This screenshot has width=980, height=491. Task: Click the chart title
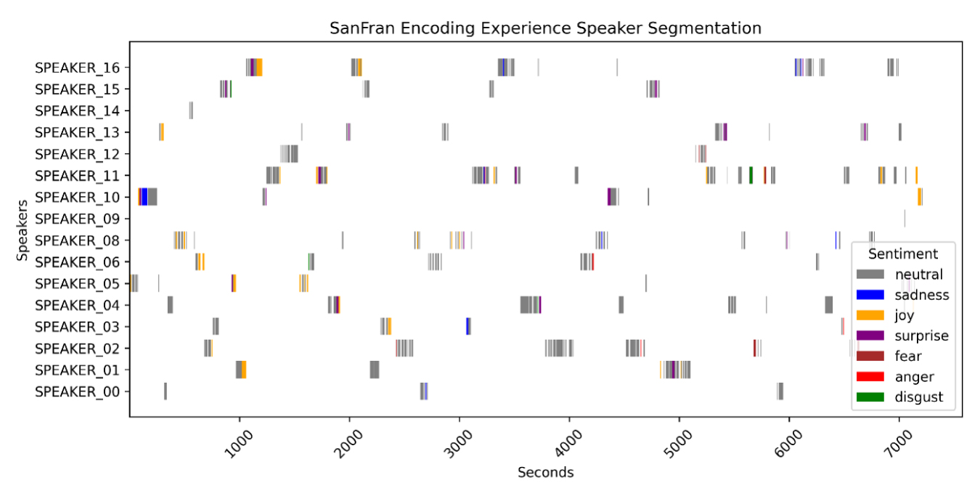point(545,28)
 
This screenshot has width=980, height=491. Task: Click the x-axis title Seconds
point(545,473)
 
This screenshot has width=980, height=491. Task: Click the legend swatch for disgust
point(870,397)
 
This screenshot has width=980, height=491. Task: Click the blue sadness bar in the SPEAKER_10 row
point(144,197)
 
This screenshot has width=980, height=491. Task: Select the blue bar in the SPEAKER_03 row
point(467,326)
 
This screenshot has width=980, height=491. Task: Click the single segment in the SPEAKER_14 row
point(191,111)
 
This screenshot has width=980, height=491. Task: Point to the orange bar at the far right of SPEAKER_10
point(920,197)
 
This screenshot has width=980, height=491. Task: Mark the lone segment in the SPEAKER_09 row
point(905,219)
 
